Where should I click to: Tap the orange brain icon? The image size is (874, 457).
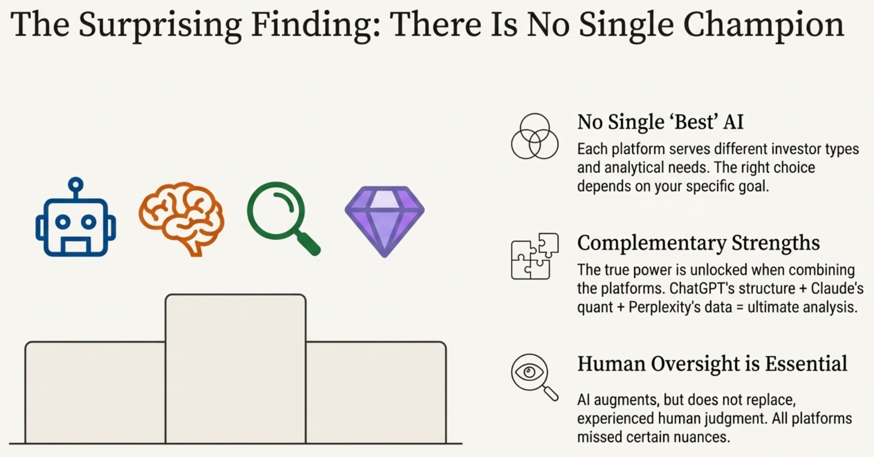point(182,217)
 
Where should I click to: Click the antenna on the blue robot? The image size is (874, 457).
point(76,185)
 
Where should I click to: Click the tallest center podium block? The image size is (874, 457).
point(235,368)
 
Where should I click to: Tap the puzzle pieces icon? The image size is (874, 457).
point(534,256)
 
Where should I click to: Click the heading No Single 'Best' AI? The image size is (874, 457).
point(660,122)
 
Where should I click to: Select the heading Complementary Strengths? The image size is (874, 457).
point(698,243)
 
